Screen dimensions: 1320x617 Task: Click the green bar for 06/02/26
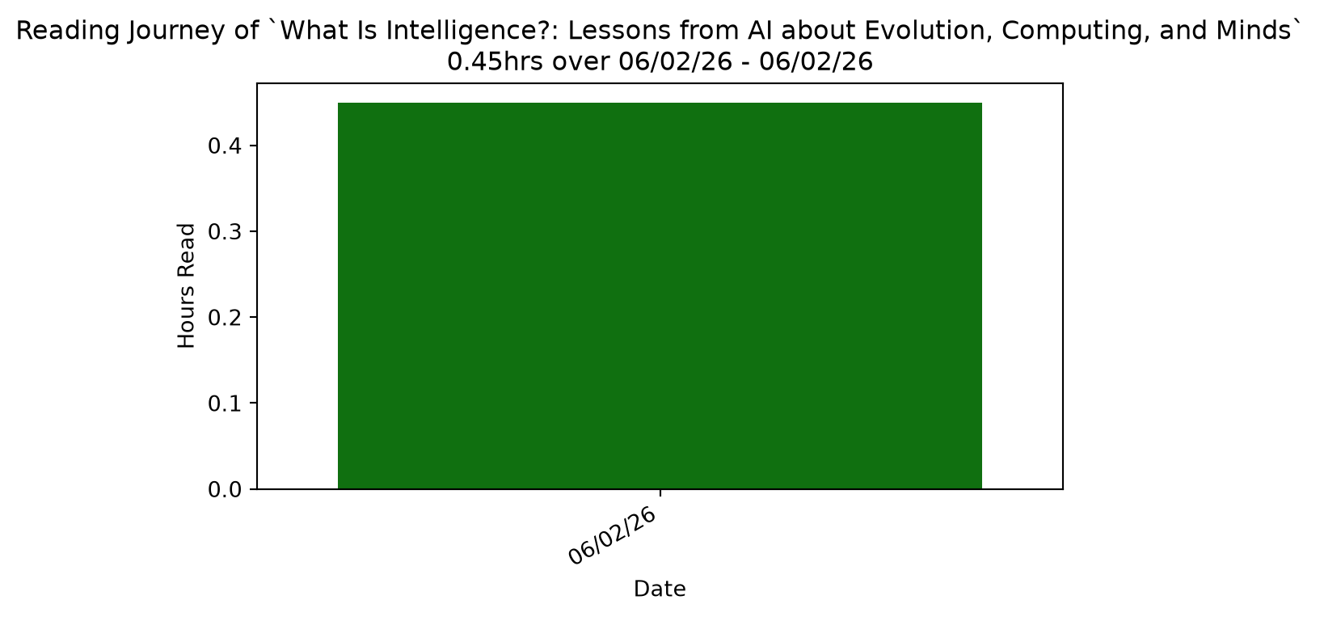tap(660, 296)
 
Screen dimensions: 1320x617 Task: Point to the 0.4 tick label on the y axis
tap(225, 146)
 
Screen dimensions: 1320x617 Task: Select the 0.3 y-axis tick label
tap(225, 231)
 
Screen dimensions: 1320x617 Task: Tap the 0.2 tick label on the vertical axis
tap(225, 317)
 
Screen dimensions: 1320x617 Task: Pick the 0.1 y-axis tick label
tap(225, 403)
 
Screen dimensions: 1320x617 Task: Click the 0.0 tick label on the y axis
tap(225, 489)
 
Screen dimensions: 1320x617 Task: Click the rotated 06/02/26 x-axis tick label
tap(613, 535)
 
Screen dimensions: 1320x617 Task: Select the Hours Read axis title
tap(186, 285)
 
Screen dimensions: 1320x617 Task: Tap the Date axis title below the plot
tap(660, 589)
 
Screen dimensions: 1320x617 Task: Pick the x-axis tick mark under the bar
tap(660, 492)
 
